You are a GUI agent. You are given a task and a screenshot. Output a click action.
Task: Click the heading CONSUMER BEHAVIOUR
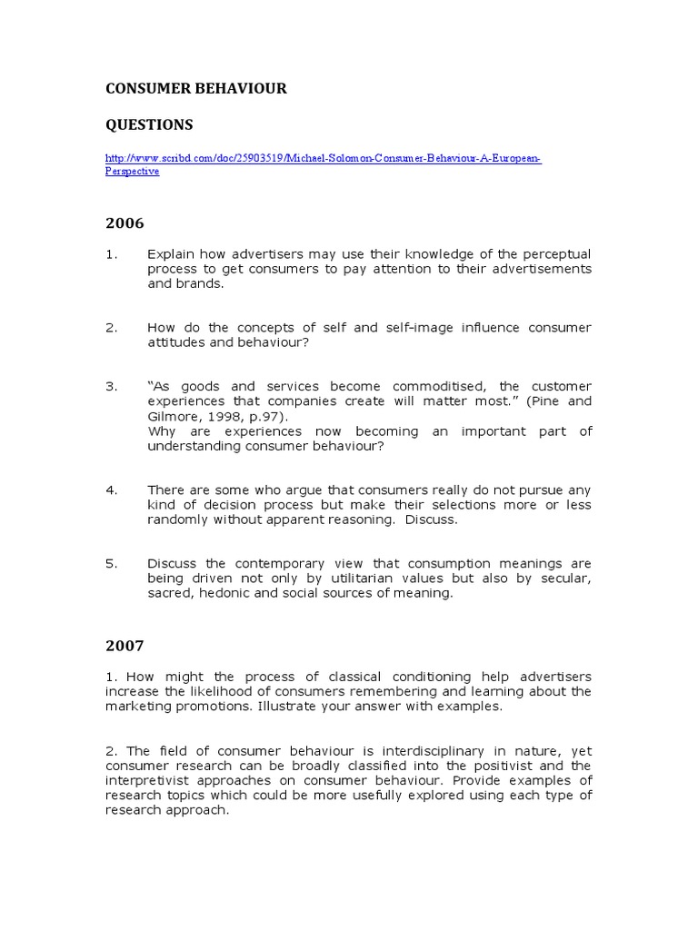point(196,88)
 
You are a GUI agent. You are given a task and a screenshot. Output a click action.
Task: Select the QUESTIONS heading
point(149,124)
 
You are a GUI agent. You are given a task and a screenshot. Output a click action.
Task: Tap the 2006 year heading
point(125,223)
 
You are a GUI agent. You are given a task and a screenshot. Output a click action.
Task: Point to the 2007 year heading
point(125,646)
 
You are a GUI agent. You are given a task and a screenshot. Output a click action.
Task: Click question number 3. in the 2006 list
point(112,386)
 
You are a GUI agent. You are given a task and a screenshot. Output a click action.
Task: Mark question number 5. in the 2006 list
point(112,563)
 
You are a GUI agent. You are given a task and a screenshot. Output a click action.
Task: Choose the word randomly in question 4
point(177,519)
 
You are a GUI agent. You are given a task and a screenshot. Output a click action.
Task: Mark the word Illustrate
point(314,707)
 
